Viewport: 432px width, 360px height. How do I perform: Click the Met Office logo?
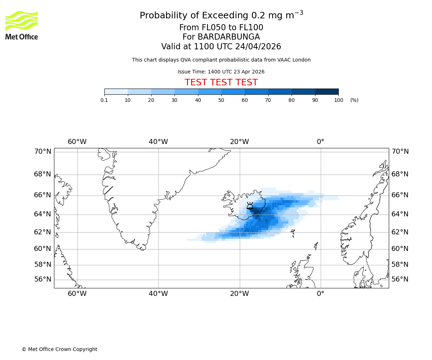22,25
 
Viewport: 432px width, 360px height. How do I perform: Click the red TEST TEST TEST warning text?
221,83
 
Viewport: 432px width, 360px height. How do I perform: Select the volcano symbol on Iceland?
250,206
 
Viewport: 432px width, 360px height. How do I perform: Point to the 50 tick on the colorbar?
221,95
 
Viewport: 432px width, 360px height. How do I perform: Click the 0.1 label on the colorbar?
104,100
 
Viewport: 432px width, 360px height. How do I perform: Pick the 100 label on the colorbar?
338,100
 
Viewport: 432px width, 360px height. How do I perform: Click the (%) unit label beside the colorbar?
354,100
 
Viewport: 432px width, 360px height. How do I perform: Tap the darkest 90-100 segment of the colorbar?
327,91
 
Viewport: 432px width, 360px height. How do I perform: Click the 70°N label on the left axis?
43,152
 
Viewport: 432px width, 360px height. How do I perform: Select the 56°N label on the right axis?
400,279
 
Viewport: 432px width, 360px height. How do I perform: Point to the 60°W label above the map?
77,142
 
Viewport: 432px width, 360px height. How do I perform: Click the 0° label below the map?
320,294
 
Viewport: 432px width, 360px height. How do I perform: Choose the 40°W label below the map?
158,294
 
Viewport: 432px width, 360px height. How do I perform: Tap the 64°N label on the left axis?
43,214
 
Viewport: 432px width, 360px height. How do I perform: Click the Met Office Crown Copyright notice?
59,349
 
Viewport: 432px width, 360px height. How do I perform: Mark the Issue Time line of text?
221,72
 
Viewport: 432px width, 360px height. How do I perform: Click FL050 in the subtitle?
206,28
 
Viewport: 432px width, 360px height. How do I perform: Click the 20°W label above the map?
239,142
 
